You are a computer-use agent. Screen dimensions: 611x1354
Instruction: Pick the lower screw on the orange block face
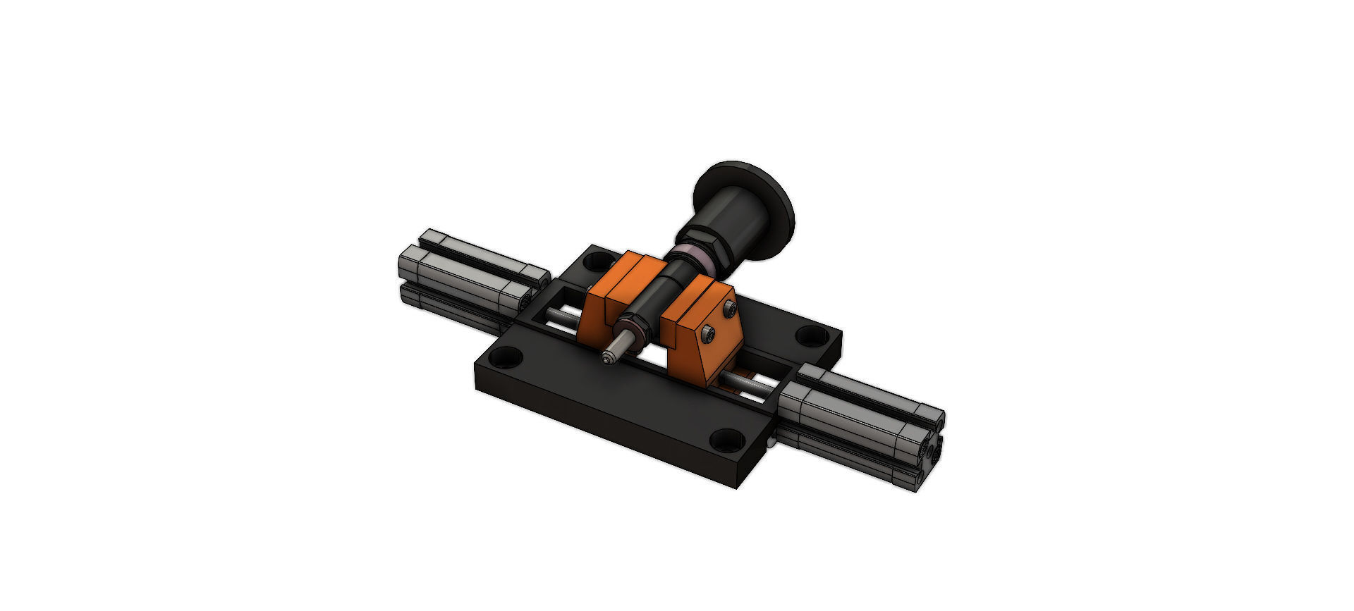pos(708,335)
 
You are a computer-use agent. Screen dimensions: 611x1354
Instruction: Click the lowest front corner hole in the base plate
pos(726,440)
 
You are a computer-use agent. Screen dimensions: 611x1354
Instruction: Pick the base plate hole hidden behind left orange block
pos(599,261)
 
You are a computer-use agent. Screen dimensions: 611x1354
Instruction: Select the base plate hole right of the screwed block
pos(812,335)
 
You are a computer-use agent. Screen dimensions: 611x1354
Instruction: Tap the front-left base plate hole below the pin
pos(506,358)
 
